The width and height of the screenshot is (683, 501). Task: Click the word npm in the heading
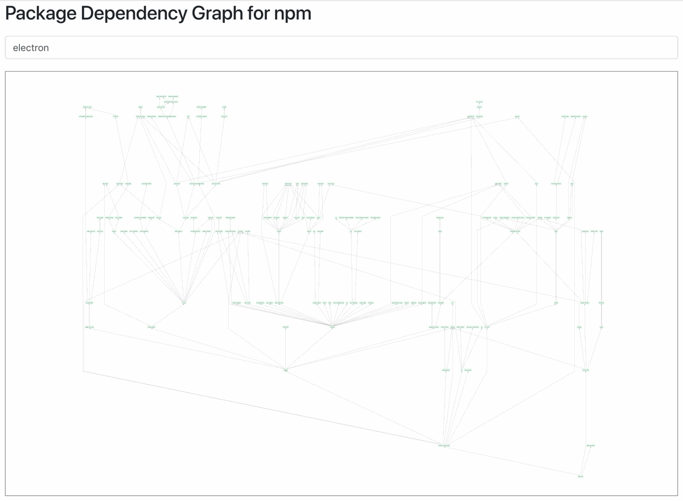[293, 13]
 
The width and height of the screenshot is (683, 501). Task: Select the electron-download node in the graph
[444, 445]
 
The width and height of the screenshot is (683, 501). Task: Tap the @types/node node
[590, 445]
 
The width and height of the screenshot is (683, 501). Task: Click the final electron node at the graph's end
[581, 477]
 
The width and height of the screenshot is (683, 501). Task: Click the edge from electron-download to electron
[512, 461]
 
